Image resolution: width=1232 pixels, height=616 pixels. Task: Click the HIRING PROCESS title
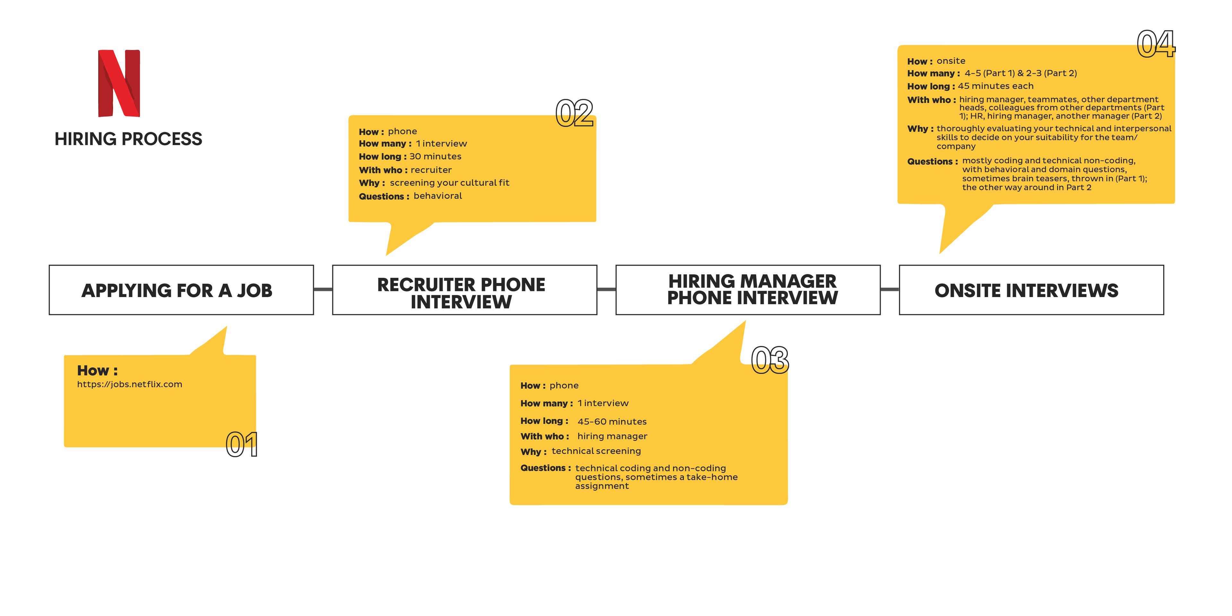[128, 139]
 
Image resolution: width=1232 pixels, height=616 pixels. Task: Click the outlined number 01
[242, 444]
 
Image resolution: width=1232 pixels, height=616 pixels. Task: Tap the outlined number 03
[770, 360]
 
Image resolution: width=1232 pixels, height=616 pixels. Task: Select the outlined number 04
[1156, 44]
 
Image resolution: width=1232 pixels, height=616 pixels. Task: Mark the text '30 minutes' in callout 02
[435, 156]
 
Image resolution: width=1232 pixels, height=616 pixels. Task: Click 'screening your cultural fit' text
[450, 183]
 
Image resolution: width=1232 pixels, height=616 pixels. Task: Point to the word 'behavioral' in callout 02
[438, 196]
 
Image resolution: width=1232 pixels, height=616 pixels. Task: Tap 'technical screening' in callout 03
[596, 451]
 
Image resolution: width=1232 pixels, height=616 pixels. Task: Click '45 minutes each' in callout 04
[995, 86]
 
